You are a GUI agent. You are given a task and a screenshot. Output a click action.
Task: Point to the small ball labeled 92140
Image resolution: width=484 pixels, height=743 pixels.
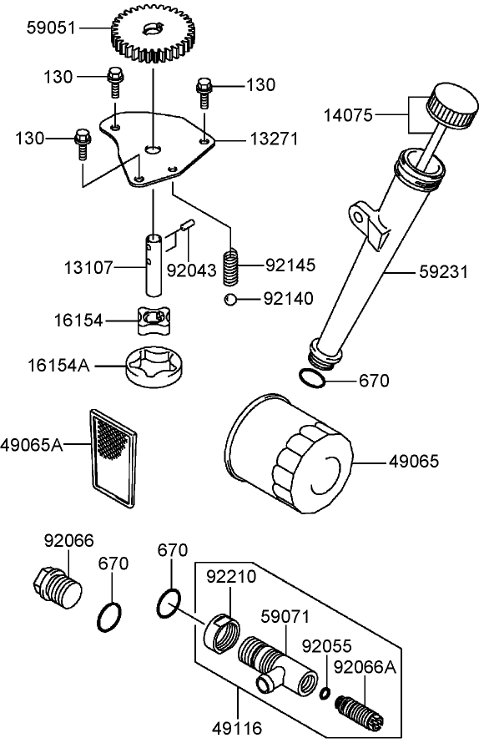[229, 299]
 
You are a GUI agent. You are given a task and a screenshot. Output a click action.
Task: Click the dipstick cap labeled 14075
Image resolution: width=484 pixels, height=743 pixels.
[451, 107]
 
